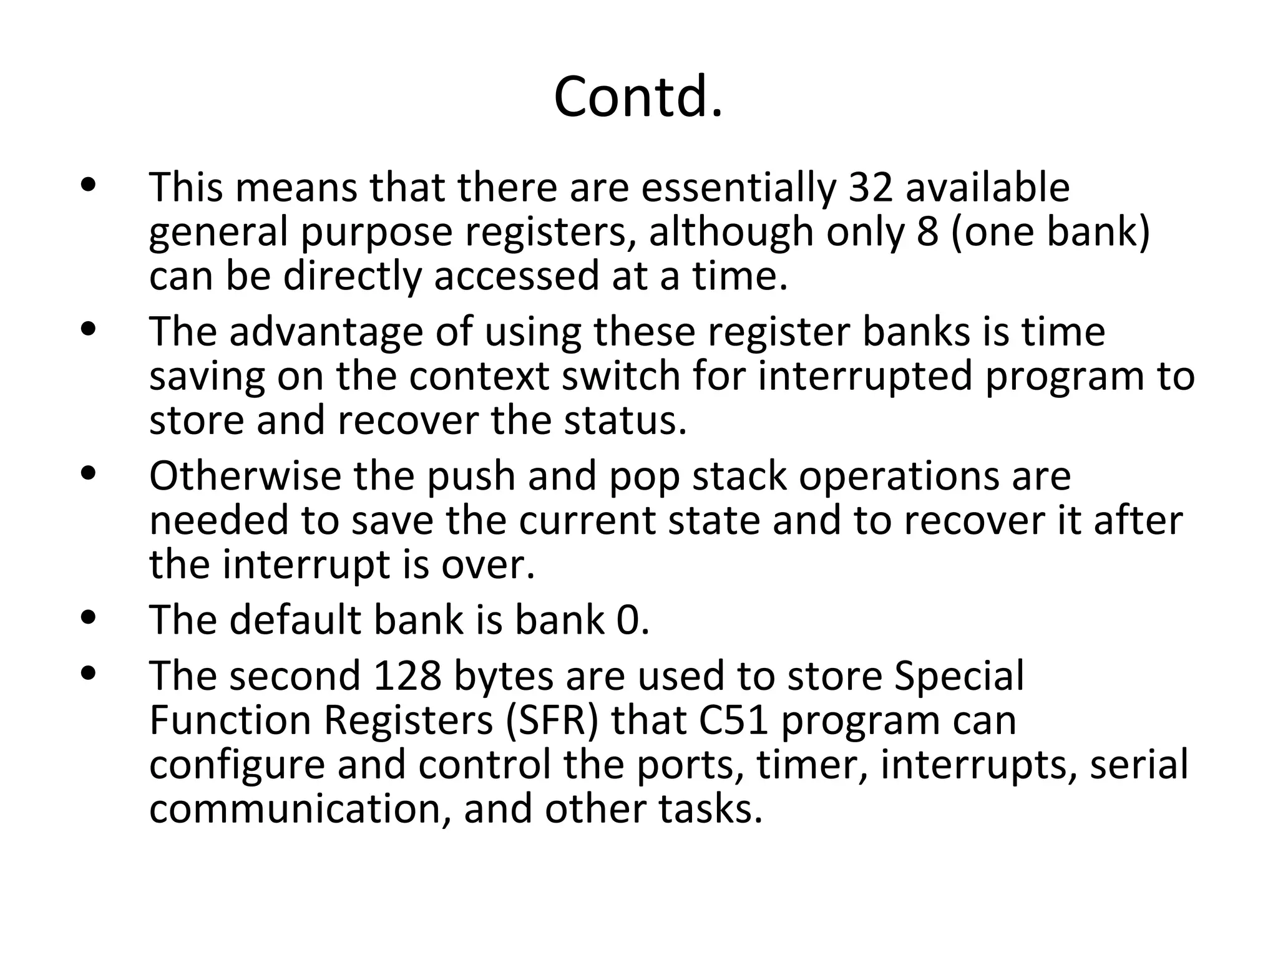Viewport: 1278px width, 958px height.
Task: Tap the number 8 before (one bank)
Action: click(928, 231)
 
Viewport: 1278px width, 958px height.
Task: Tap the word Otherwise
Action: click(245, 477)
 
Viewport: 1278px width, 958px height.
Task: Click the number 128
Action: click(407, 676)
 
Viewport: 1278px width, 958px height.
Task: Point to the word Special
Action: click(959, 676)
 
